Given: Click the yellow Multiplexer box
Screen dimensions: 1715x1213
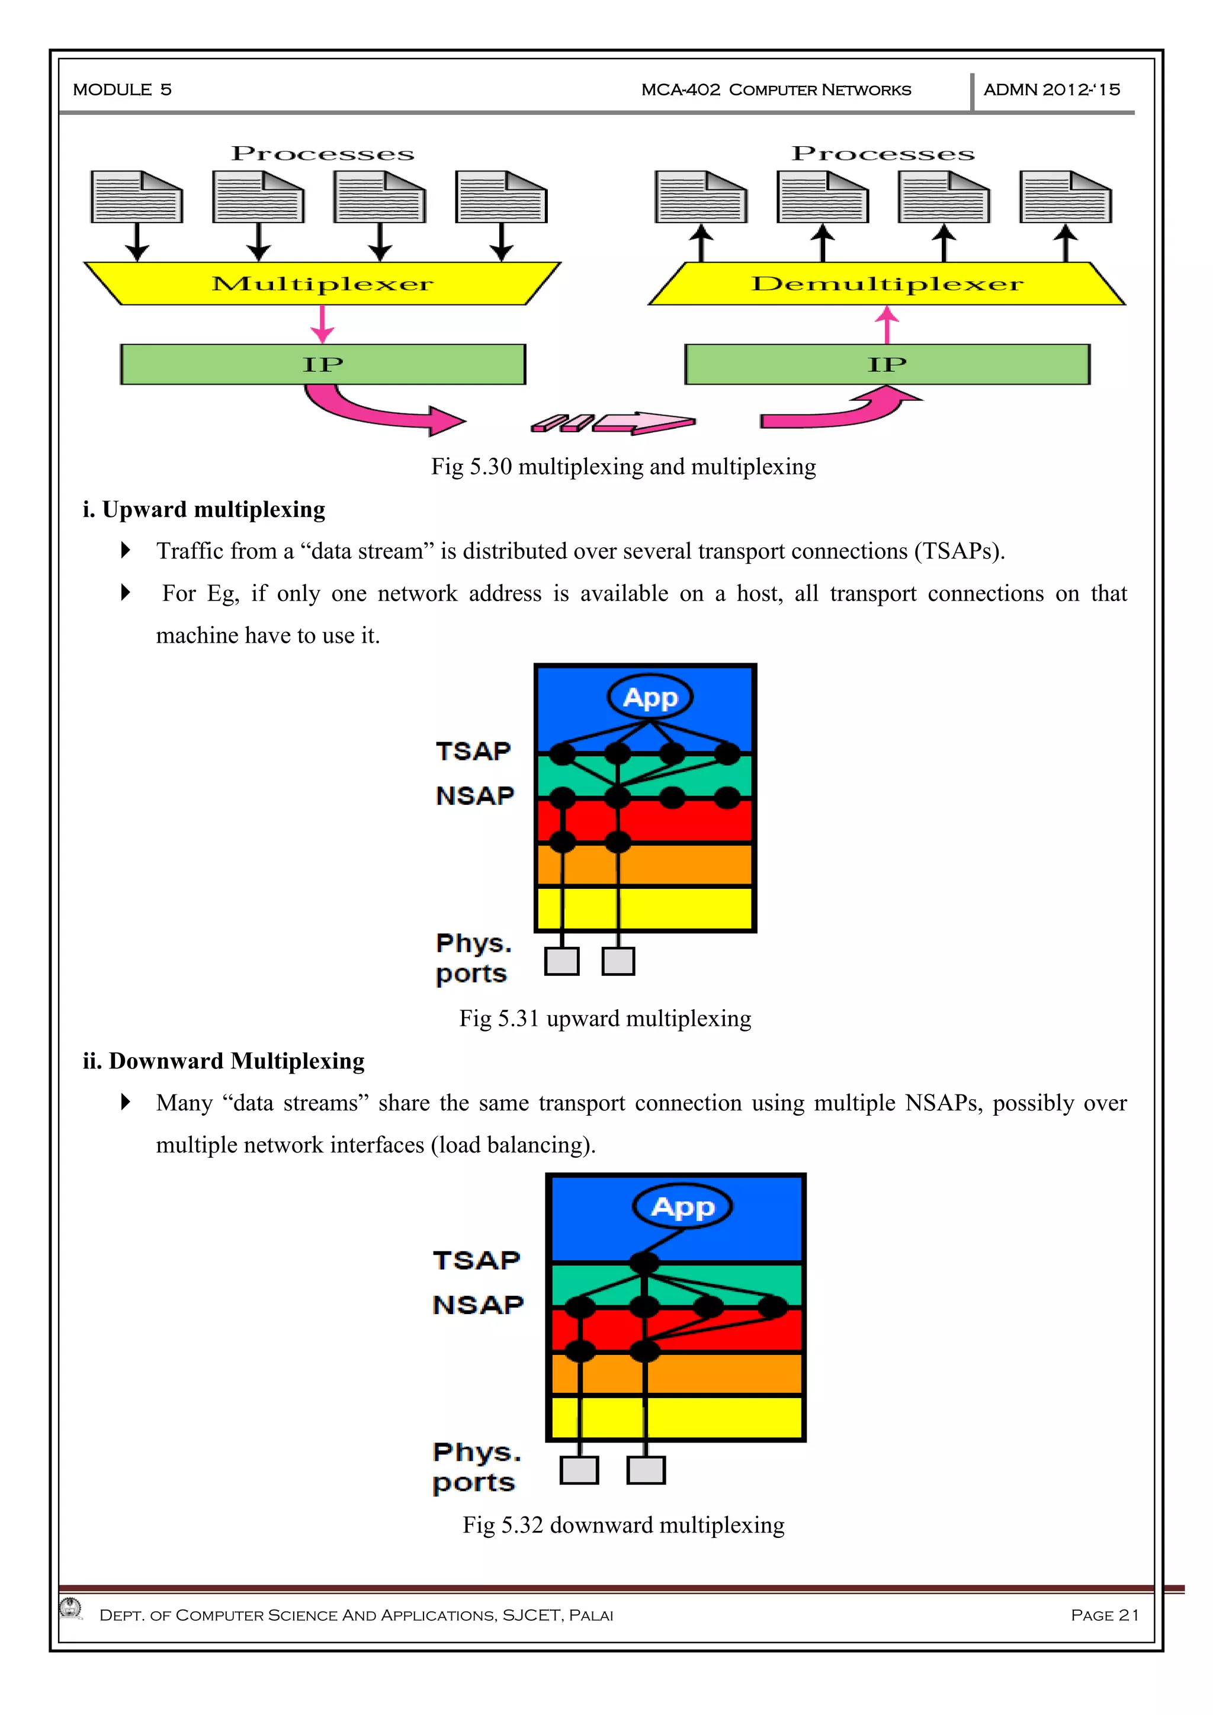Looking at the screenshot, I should point(322,284).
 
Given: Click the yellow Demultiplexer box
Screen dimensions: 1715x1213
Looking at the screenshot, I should point(887,284).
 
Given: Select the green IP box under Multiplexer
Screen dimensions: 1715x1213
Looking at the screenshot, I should point(323,365).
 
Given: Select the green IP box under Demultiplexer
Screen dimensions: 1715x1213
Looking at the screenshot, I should point(887,365).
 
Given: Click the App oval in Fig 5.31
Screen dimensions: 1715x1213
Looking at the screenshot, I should point(650,698).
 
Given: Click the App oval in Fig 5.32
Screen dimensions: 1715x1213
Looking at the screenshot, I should point(682,1207).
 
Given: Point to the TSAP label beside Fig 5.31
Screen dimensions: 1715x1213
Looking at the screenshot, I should point(473,751).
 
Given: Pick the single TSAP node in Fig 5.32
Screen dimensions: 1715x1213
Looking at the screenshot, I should point(644,1263).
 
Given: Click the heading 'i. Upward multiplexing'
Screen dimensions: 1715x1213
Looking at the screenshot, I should point(204,509).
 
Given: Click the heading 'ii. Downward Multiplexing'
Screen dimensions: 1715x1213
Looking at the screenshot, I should point(223,1061).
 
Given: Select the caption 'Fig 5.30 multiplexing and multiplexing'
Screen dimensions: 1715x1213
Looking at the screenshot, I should point(623,467).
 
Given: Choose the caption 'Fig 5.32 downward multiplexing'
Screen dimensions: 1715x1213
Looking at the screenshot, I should point(623,1524).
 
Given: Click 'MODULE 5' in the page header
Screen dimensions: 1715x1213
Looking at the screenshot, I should point(123,89).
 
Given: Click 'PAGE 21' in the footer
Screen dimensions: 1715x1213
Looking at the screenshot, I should point(1104,1615).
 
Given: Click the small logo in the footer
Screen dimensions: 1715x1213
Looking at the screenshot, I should point(72,1607).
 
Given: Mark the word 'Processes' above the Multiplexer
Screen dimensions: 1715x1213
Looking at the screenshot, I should point(322,154).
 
